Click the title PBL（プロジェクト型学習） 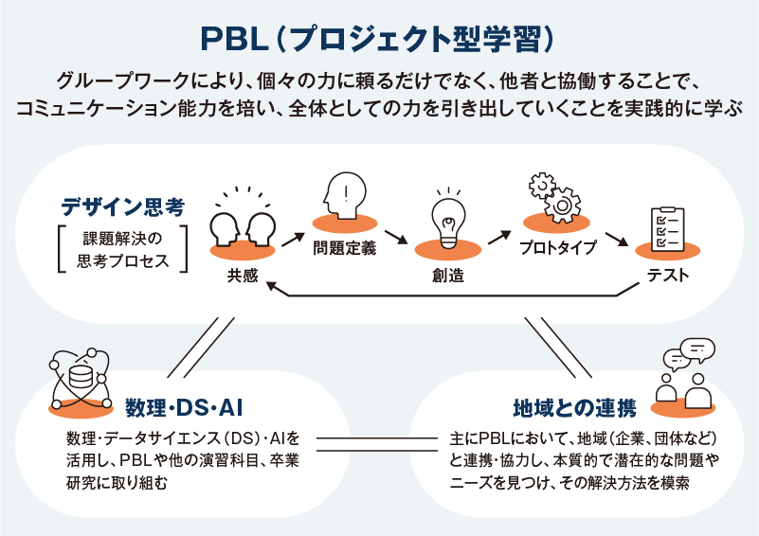[379, 39]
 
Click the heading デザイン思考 [122, 205]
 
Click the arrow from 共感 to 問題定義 [295, 237]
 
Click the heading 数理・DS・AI [186, 407]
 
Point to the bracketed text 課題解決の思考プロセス [122, 248]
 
